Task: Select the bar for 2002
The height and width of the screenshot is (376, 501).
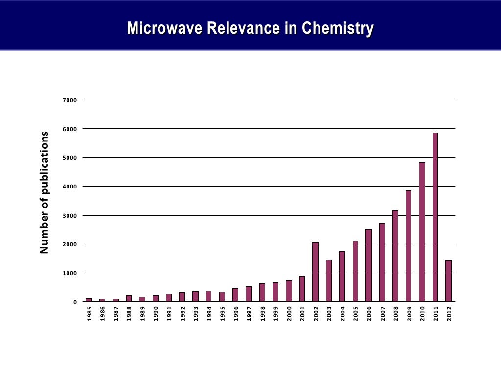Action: click(316, 272)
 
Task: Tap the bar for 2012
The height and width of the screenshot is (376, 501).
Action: click(448, 281)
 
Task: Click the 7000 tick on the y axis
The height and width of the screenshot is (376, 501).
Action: click(70, 100)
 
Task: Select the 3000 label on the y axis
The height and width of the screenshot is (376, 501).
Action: click(70, 215)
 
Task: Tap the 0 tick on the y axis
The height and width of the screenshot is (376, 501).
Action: click(75, 302)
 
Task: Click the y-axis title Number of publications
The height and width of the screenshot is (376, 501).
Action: click(45, 192)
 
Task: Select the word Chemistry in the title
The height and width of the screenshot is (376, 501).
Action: click(338, 28)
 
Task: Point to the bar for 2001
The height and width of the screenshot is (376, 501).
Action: click(302, 289)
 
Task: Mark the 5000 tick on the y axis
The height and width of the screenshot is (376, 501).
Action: click(70, 158)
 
